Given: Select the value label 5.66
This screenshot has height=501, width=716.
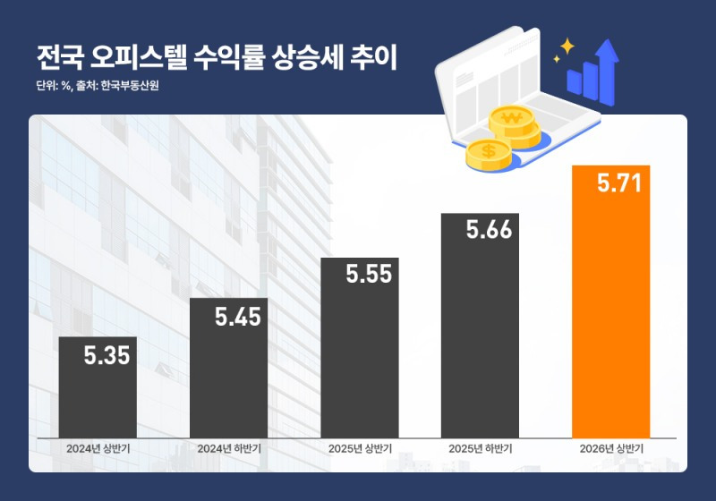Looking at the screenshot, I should pos(489,230).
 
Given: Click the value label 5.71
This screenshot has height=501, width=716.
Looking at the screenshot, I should pos(620,184).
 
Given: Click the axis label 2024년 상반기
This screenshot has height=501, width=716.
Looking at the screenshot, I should pos(98,448).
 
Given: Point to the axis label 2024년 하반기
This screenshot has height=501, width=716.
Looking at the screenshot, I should pos(228,448).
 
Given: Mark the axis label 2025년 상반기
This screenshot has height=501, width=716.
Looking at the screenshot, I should pos(359,448).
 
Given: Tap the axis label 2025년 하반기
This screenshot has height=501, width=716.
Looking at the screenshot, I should pos(480,448).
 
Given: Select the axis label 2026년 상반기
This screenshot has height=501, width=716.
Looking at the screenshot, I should pos(610,448).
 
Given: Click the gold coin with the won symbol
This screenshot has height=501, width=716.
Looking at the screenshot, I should pos(512,119).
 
